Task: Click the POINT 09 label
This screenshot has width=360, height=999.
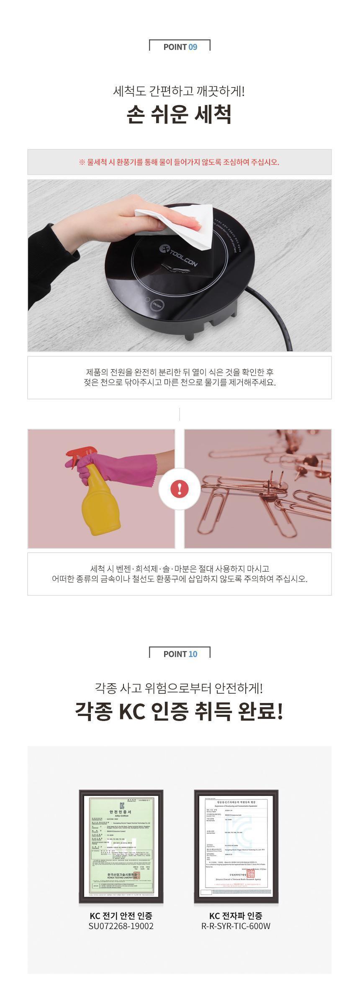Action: click(180, 47)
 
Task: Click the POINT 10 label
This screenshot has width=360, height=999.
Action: click(180, 654)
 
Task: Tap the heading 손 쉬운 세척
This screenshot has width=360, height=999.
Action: click(179, 114)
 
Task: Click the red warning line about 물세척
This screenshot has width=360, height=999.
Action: click(179, 162)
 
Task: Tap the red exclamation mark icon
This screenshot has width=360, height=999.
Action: click(180, 489)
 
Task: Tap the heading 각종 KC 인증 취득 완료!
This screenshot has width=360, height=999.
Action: click(179, 711)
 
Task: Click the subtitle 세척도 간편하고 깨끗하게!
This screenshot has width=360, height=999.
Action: click(179, 91)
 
